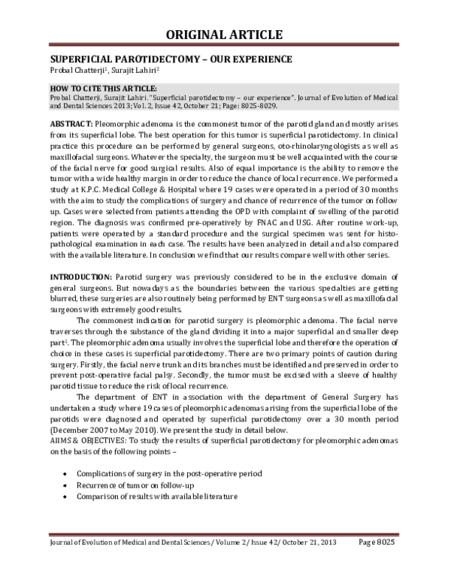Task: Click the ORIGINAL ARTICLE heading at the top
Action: [225, 35]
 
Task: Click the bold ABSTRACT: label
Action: [71, 122]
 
